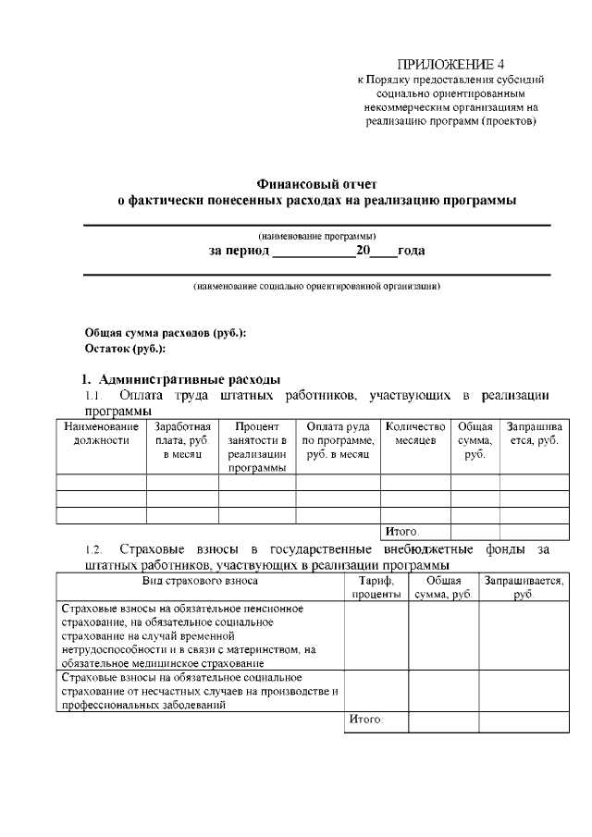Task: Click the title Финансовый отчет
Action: point(317,184)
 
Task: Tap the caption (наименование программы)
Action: point(317,236)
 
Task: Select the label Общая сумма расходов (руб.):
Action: point(166,333)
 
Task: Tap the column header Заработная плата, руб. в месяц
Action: point(182,441)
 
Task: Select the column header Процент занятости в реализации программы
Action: point(257,448)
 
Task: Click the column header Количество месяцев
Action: point(415,434)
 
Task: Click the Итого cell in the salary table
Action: point(401,532)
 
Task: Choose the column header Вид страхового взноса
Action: point(200,581)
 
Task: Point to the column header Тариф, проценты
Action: point(376,587)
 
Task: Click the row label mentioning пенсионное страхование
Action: point(200,636)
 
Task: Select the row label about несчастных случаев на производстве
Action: point(200,692)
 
